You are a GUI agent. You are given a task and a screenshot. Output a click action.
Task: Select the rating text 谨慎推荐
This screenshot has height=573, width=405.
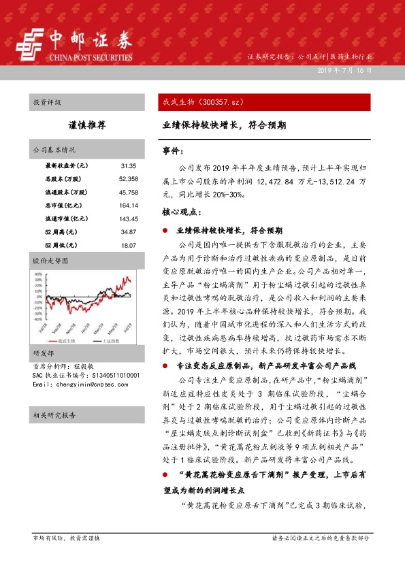tap(87, 126)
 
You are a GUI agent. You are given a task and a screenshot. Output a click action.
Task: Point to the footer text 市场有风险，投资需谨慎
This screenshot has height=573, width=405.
tap(66, 538)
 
